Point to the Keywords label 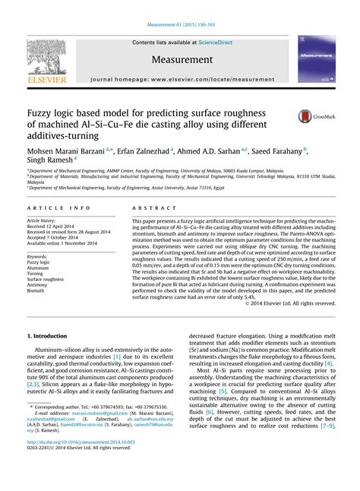click(x=39, y=255)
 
